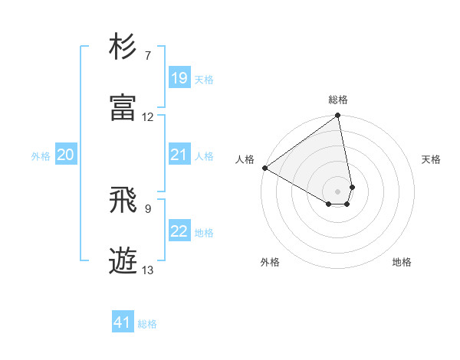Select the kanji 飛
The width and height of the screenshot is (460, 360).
coord(123,200)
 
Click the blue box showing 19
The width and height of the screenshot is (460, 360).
coord(179,78)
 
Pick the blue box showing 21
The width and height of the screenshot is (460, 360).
coord(179,155)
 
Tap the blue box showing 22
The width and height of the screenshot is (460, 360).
coord(179,232)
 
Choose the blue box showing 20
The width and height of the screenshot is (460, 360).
coord(65,155)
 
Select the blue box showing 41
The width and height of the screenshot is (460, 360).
coord(123,322)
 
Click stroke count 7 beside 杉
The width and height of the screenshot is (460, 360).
coord(148,56)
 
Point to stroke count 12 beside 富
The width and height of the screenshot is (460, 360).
coord(148,117)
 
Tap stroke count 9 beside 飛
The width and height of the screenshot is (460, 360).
coord(148,208)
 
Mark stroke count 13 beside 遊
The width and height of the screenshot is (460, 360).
coord(148,270)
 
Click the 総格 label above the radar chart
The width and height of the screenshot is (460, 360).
coord(338,100)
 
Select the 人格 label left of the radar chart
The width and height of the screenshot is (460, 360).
coord(245,159)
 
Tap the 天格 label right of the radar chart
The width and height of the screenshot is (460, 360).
coord(432,159)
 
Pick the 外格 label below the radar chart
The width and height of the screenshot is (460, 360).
coord(270,262)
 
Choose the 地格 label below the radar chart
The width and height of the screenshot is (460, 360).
coord(402,262)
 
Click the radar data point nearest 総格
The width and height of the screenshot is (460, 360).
coord(338,116)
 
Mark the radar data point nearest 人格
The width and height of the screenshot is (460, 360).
coord(264,168)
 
